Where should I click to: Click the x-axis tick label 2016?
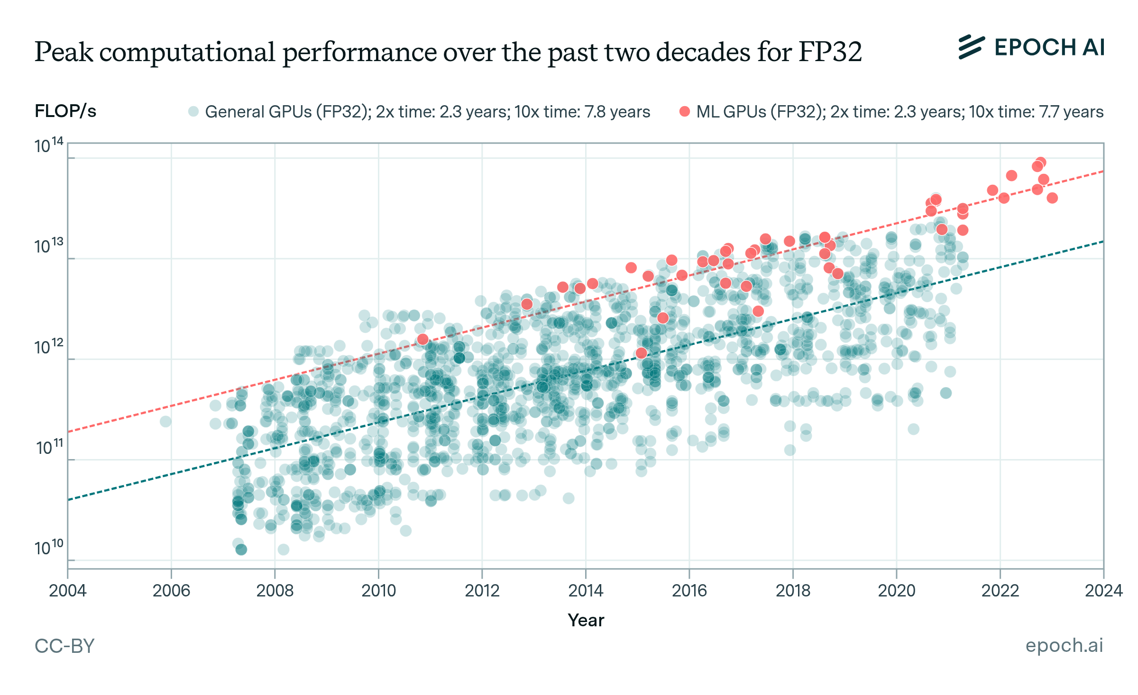pyautogui.click(x=689, y=591)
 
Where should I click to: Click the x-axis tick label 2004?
pyautogui.click(x=67, y=591)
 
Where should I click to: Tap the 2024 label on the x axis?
pyautogui.click(x=1103, y=591)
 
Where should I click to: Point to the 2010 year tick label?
pyautogui.click(x=378, y=591)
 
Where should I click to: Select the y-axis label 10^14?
pyautogui.click(x=49, y=145)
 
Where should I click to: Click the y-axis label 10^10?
pyautogui.click(x=49, y=548)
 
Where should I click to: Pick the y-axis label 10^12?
pyautogui.click(x=49, y=347)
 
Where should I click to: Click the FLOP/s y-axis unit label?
pyautogui.click(x=65, y=111)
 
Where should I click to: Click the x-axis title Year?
pyautogui.click(x=586, y=620)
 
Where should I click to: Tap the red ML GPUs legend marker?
pyautogui.click(x=684, y=112)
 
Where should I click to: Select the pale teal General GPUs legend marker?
pyautogui.click(x=193, y=112)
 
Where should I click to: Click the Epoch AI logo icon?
pyautogui.click(x=971, y=47)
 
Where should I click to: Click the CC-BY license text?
pyautogui.click(x=64, y=646)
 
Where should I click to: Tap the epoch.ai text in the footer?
pyautogui.click(x=1064, y=645)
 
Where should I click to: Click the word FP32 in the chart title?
pyautogui.click(x=830, y=52)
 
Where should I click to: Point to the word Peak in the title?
pyautogui.click(x=64, y=52)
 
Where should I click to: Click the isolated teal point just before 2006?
pyautogui.click(x=165, y=421)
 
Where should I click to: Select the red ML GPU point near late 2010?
pyautogui.click(x=422, y=339)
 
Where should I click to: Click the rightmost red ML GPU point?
pyautogui.click(x=1052, y=198)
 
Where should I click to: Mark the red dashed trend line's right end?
pyautogui.click(x=1102, y=171)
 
